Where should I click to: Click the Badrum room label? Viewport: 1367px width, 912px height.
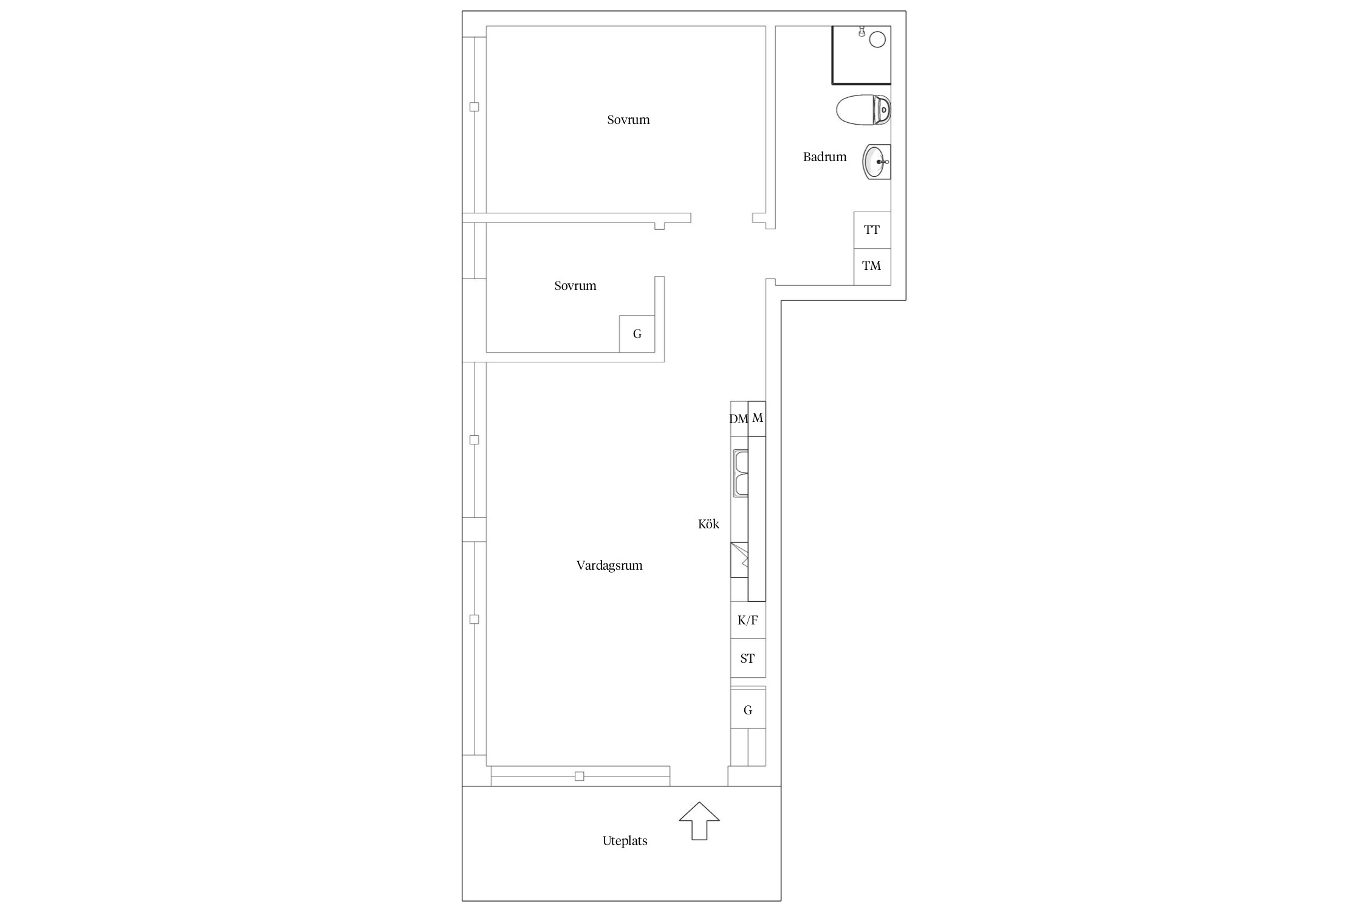824,157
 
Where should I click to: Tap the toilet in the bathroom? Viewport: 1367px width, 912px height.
863,110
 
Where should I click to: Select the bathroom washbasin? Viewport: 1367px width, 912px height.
877,162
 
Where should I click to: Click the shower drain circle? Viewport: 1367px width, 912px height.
877,40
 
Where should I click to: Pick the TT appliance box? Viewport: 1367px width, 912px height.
872,230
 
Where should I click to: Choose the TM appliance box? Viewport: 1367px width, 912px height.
872,267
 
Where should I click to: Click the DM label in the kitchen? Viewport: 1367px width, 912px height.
738,419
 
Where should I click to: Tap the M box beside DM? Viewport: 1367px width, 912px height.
757,418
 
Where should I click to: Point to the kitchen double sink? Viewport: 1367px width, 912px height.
741,473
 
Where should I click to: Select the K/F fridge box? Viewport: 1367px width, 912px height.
748,620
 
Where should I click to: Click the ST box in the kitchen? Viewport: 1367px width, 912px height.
748,658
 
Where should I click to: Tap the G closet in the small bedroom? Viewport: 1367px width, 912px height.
637,334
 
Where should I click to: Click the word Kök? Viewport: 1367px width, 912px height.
708,523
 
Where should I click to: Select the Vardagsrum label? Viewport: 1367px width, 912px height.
609,565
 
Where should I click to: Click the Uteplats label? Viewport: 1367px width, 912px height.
625,841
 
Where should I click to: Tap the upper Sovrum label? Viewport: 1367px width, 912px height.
628,120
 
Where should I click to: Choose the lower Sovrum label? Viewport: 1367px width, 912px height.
575,286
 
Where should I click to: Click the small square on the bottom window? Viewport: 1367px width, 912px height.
579,776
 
